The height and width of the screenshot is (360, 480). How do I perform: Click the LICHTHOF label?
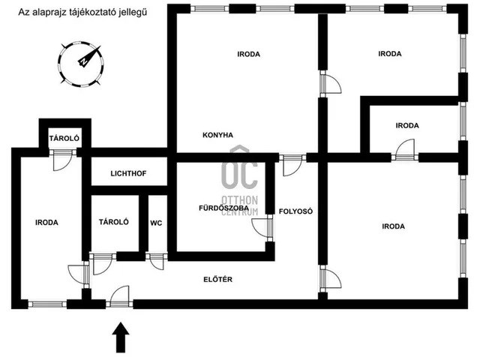point(128,173)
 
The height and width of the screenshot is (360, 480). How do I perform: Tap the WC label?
point(156,223)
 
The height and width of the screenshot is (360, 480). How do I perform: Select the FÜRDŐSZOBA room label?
point(223,208)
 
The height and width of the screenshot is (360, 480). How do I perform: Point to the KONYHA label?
point(217,135)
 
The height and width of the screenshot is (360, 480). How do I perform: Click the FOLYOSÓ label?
point(295,211)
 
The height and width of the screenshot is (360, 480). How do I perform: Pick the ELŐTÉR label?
point(218,279)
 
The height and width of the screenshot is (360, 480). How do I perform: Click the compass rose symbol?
point(81,64)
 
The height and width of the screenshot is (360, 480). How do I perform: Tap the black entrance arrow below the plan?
point(121,337)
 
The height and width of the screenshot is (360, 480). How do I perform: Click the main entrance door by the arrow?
point(120,296)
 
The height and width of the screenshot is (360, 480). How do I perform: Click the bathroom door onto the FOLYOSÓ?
point(262,228)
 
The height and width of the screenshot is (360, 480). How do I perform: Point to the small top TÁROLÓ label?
point(64,138)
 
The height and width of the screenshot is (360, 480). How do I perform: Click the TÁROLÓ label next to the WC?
point(114,222)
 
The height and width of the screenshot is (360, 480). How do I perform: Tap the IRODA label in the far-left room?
point(46,223)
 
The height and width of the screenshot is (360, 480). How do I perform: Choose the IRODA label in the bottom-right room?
point(393,226)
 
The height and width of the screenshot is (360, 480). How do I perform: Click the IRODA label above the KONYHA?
point(248,54)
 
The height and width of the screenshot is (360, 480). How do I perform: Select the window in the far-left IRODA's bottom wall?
point(47,304)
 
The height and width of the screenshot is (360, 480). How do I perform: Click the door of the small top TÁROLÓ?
point(63,160)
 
